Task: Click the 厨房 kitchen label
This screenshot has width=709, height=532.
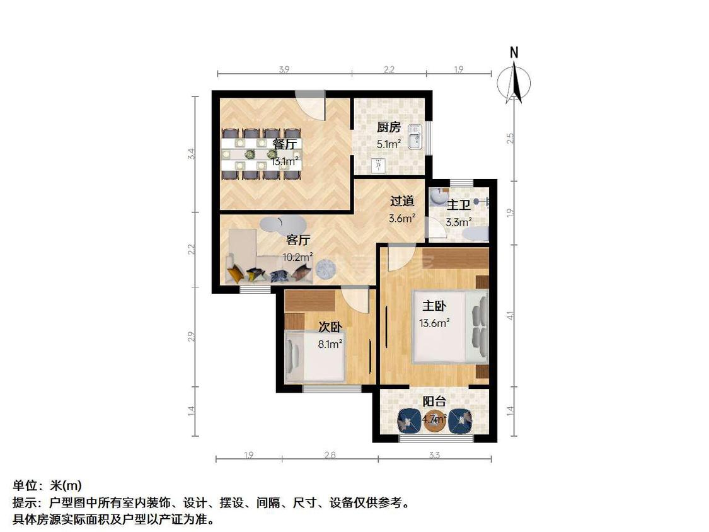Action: click(389, 127)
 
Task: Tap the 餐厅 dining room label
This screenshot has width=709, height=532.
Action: click(285, 144)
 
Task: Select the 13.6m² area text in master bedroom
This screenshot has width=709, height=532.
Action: click(434, 323)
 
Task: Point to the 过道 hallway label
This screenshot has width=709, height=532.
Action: click(402, 201)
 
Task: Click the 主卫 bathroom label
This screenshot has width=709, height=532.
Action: click(459, 205)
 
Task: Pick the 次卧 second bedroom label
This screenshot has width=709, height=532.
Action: click(330, 327)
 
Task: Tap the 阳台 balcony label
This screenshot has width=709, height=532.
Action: click(434, 402)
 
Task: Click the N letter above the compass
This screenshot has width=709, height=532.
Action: click(514, 53)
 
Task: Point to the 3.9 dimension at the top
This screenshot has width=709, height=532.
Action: click(284, 69)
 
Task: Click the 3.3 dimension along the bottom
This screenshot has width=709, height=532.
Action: click(434, 454)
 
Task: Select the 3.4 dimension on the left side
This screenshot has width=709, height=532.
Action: click(192, 154)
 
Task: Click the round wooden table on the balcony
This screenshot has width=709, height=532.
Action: click(434, 422)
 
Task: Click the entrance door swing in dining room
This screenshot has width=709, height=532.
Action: click(311, 107)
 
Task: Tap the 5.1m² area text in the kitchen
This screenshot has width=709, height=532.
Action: click(389, 144)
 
